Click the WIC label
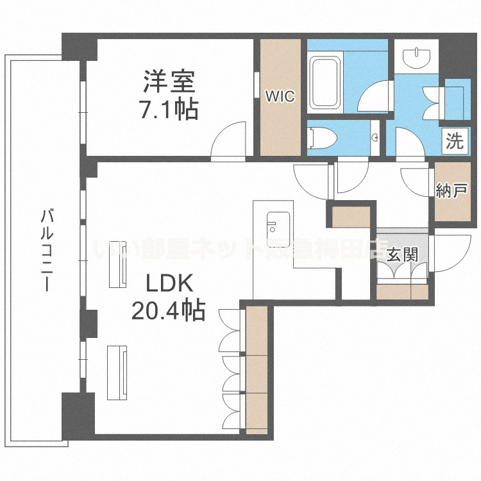[280, 97]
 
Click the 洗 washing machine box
[454, 141]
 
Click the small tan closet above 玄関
[351, 215]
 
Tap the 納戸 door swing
[416, 180]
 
